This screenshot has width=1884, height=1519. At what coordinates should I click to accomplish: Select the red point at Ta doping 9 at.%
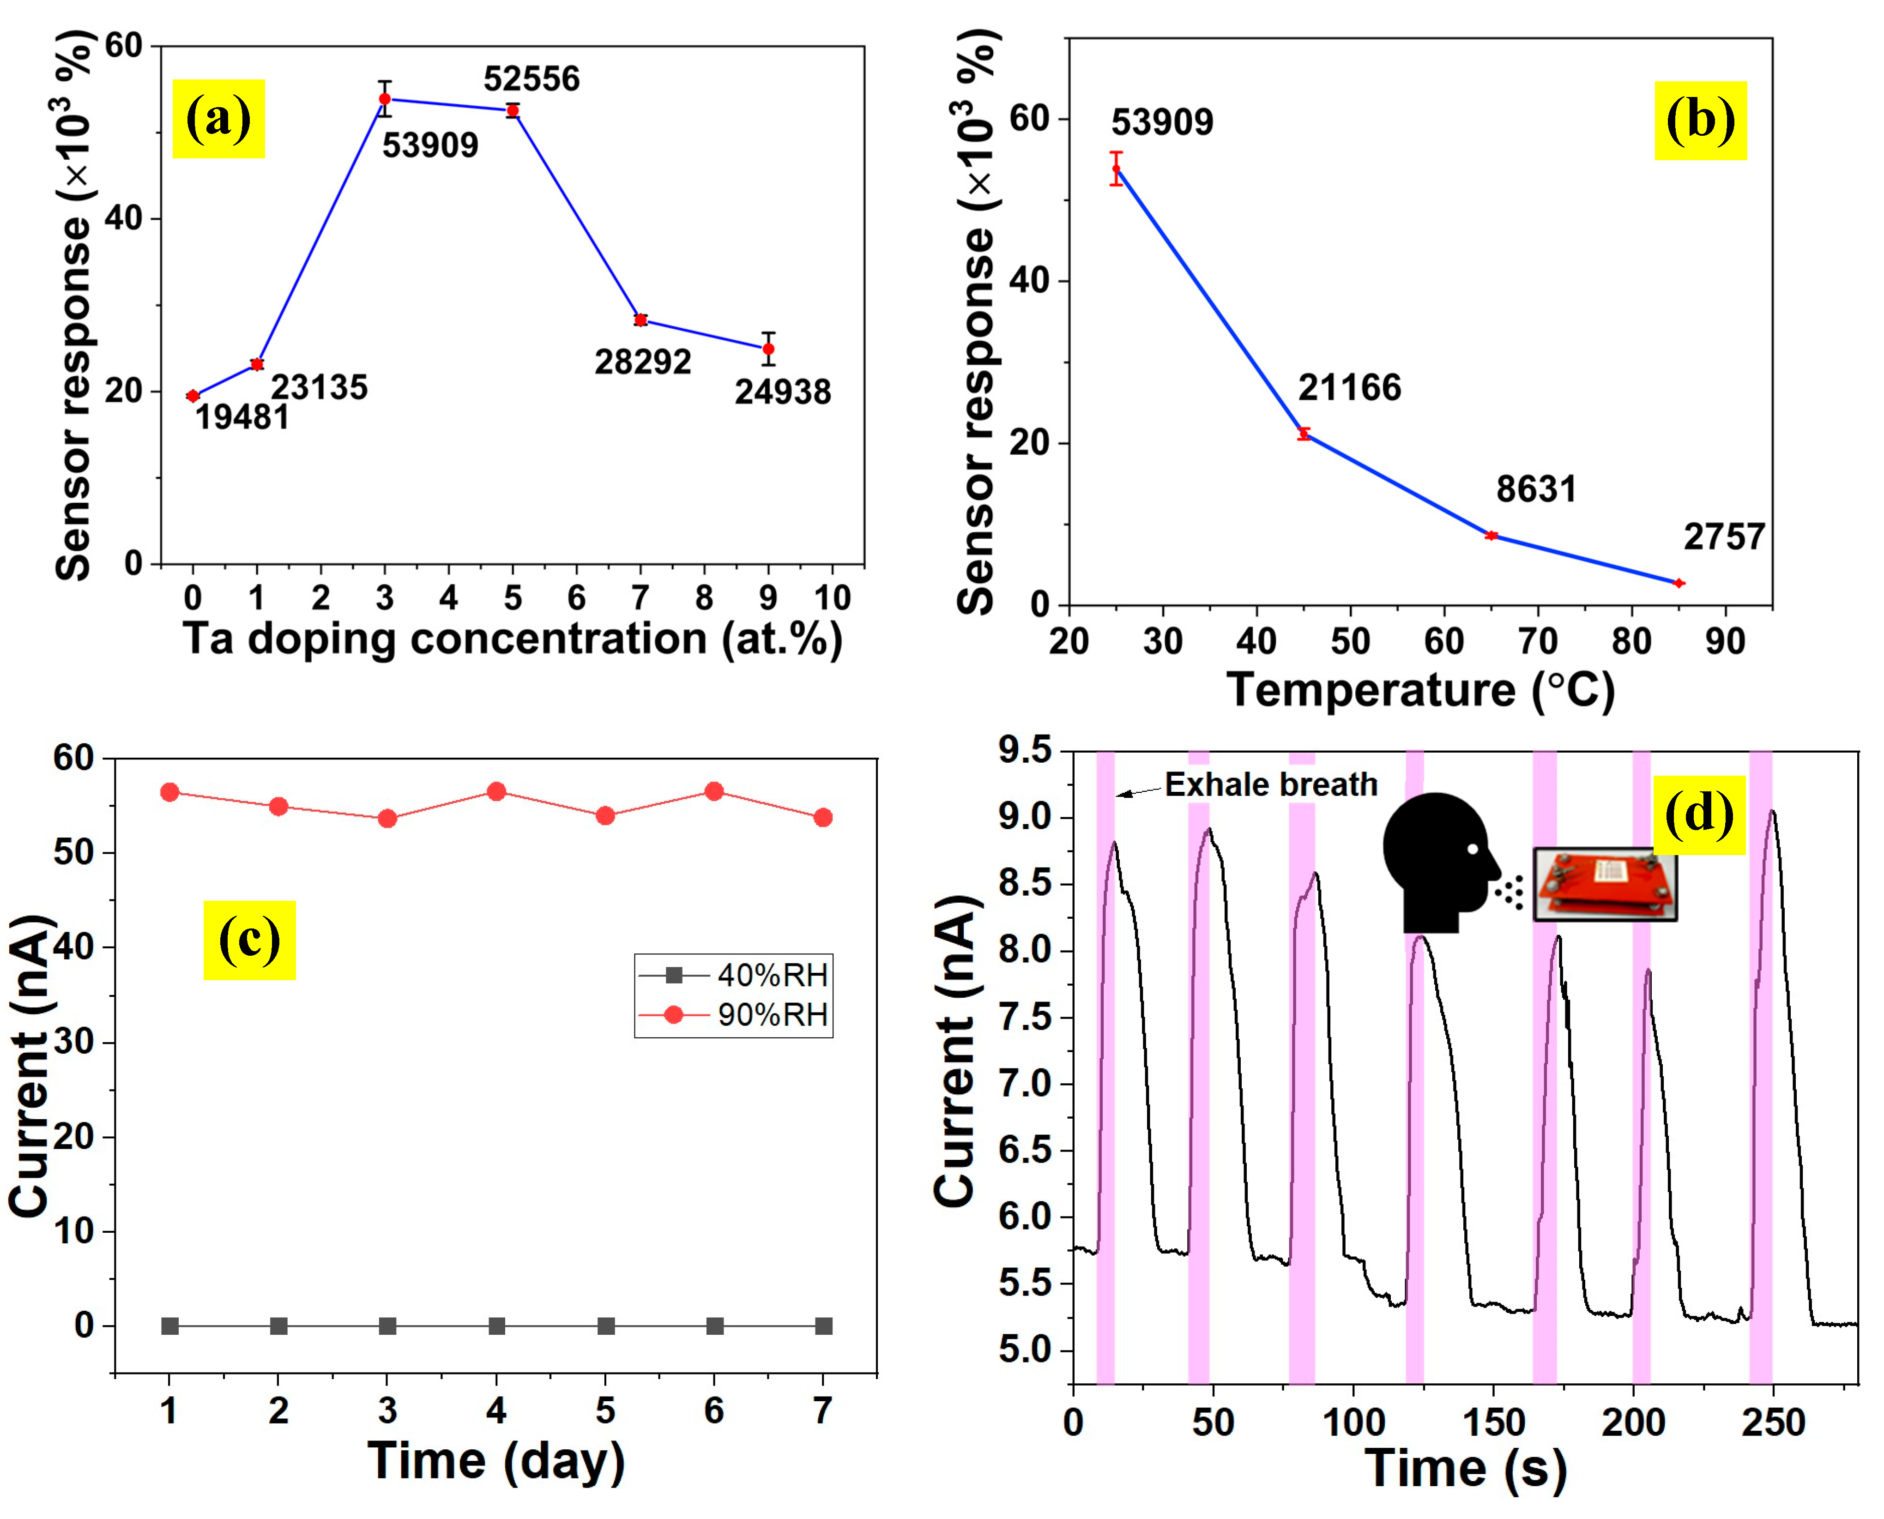click(x=767, y=349)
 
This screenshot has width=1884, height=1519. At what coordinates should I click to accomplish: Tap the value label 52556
click(x=531, y=79)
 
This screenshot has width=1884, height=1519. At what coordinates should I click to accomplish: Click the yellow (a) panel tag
click(x=218, y=119)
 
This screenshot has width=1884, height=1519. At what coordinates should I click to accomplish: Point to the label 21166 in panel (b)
click(x=1348, y=388)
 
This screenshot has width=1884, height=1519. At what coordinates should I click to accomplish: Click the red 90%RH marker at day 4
click(x=496, y=792)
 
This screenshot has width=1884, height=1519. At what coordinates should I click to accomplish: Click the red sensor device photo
click(x=1604, y=884)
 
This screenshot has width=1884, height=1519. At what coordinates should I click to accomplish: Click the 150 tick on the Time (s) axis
click(x=1493, y=1423)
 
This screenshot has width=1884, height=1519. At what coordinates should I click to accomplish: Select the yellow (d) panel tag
click(x=1698, y=814)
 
